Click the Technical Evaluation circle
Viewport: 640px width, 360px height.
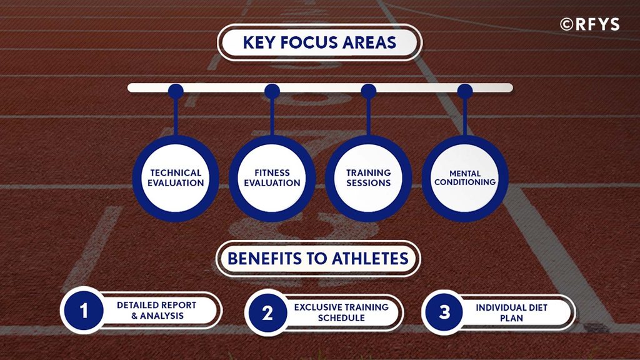(x=176, y=178)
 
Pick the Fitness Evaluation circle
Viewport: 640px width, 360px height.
(x=272, y=178)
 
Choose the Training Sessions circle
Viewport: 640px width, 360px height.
(x=369, y=178)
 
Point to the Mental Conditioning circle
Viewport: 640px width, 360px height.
(x=465, y=178)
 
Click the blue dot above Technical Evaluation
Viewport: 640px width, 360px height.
(x=176, y=91)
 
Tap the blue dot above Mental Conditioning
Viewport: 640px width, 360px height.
(x=465, y=91)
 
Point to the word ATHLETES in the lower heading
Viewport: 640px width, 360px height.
(x=370, y=259)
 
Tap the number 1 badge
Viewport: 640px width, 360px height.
(x=84, y=311)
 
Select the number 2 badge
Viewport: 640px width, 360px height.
(x=267, y=313)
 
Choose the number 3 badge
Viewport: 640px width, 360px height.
(x=444, y=312)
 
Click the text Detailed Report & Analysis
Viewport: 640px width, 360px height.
(x=157, y=310)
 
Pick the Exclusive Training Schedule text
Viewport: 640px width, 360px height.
(x=341, y=312)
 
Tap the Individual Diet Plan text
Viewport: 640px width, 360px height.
(x=511, y=312)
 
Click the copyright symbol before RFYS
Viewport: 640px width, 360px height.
(x=566, y=24)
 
